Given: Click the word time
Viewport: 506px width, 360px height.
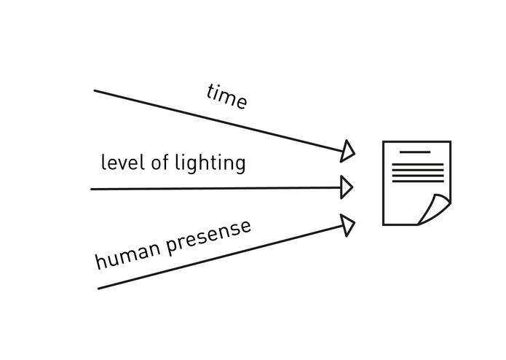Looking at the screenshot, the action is pos(227,96).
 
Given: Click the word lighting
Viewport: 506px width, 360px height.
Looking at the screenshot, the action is pos(210,163).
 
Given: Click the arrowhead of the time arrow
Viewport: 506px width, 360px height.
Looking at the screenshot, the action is pos(347,151).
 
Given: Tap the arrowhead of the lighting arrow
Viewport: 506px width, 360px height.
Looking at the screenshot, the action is pos(347,187).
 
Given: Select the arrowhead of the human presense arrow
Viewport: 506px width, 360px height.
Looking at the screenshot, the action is pos(348,225).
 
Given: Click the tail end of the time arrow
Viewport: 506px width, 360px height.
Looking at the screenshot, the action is pos(95,90).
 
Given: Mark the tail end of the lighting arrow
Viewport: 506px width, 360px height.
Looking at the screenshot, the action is pos(91,189).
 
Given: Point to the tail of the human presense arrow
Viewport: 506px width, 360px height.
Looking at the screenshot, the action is pos(99,289).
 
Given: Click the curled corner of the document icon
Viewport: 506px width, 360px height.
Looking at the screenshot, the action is pos(435,208).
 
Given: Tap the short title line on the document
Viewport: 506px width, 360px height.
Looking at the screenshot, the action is pos(415,152).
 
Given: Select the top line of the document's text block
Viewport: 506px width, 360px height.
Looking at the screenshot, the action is pos(418,165).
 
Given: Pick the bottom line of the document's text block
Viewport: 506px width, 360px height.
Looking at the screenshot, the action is pos(418,181).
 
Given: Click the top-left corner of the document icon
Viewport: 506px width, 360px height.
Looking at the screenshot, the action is pos(383,141).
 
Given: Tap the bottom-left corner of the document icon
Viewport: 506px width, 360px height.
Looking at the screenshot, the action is pos(383,224).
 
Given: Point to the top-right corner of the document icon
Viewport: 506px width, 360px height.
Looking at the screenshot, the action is pos(451,141).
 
